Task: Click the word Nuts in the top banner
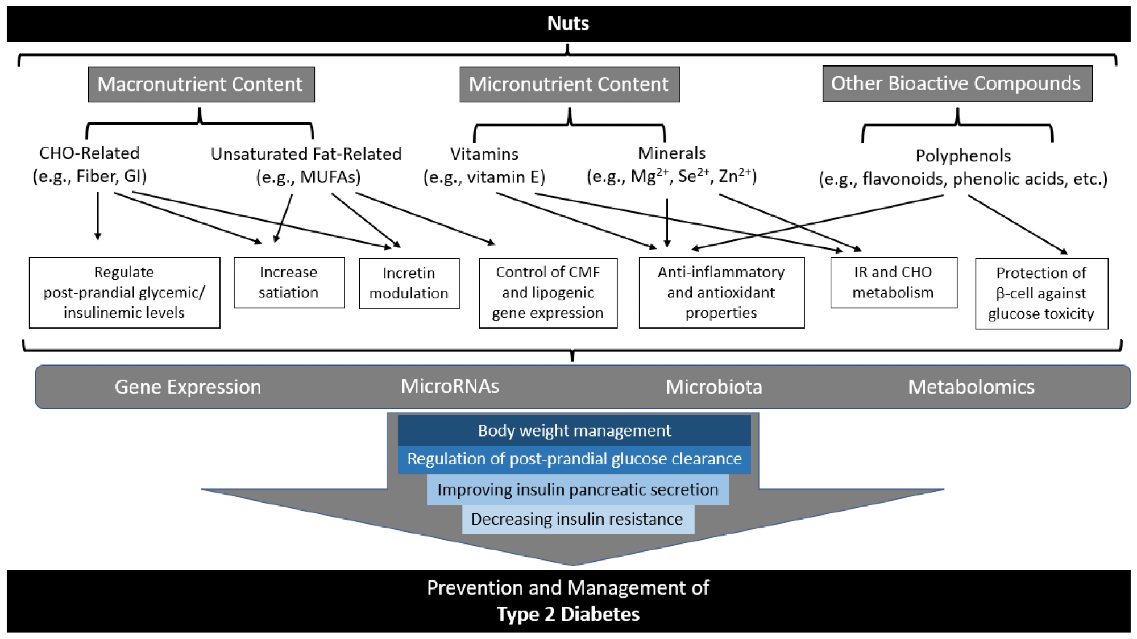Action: click(567, 23)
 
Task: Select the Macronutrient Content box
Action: click(201, 84)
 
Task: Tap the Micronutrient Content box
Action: click(569, 84)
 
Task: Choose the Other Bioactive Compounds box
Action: click(956, 84)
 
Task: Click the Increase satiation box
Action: click(289, 283)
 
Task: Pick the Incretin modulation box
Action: click(409, 283)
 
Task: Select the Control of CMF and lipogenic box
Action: click(547, 292)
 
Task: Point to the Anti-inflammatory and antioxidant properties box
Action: click(721, 292)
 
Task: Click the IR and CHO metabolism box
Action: click(893, 283)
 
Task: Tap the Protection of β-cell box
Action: click(1041, 293)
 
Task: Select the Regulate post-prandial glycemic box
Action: click(124, 292)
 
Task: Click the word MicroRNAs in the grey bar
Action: click(450, 387)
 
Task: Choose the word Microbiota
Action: click(713, 387)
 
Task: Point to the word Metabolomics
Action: click(970, 387)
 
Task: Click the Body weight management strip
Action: click(574, 430)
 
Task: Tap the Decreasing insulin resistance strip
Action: click(577, 519)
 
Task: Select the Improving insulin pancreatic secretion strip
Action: click(578, 489)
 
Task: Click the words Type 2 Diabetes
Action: click(567, 615)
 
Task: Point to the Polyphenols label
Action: click(962, 156)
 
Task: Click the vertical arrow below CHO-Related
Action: click(98, 216)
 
